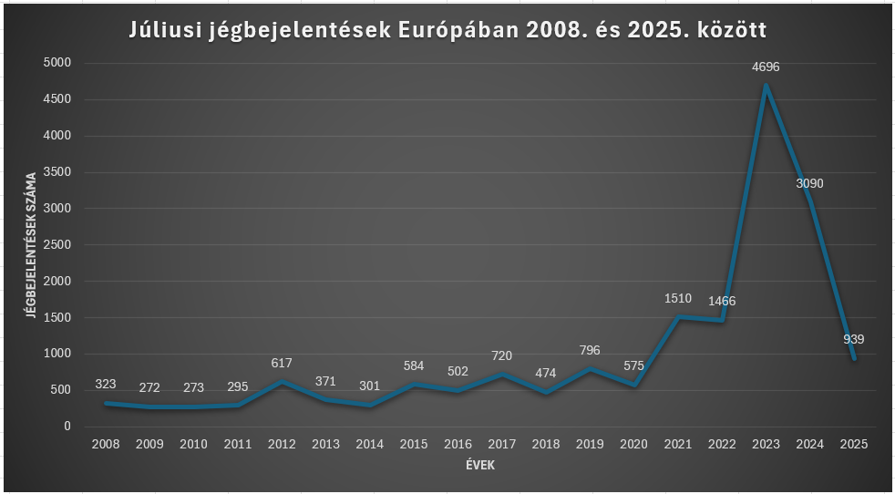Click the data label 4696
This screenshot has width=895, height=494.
point(766,67)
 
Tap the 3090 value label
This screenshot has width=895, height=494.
point(809,183)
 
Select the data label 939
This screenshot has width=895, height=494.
point(854,339)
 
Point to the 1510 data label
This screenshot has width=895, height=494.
point(677,298)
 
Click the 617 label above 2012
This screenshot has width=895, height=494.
point(282,363)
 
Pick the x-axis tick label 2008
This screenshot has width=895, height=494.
point(105,444)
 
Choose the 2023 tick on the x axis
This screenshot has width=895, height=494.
point(766,444)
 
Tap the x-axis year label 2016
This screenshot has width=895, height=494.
point(458,444)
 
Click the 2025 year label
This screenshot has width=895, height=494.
point(854,444)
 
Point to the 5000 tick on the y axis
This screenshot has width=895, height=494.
point(57,63)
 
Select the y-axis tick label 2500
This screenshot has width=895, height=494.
point(57,244)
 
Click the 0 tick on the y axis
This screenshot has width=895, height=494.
point(67,426)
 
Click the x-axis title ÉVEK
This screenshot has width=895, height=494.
point(479,465)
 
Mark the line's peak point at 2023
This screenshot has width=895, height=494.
point(766,86)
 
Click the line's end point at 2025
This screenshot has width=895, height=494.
point(854,358)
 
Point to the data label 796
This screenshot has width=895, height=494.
point(590,350)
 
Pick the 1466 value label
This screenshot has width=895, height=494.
point(721,301)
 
